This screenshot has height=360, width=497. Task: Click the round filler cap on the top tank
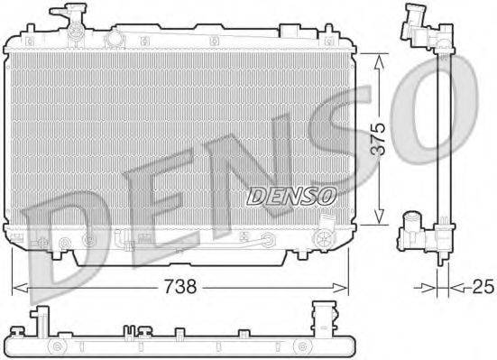pos(115,39)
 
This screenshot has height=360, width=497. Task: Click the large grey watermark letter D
pos(63,240)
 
